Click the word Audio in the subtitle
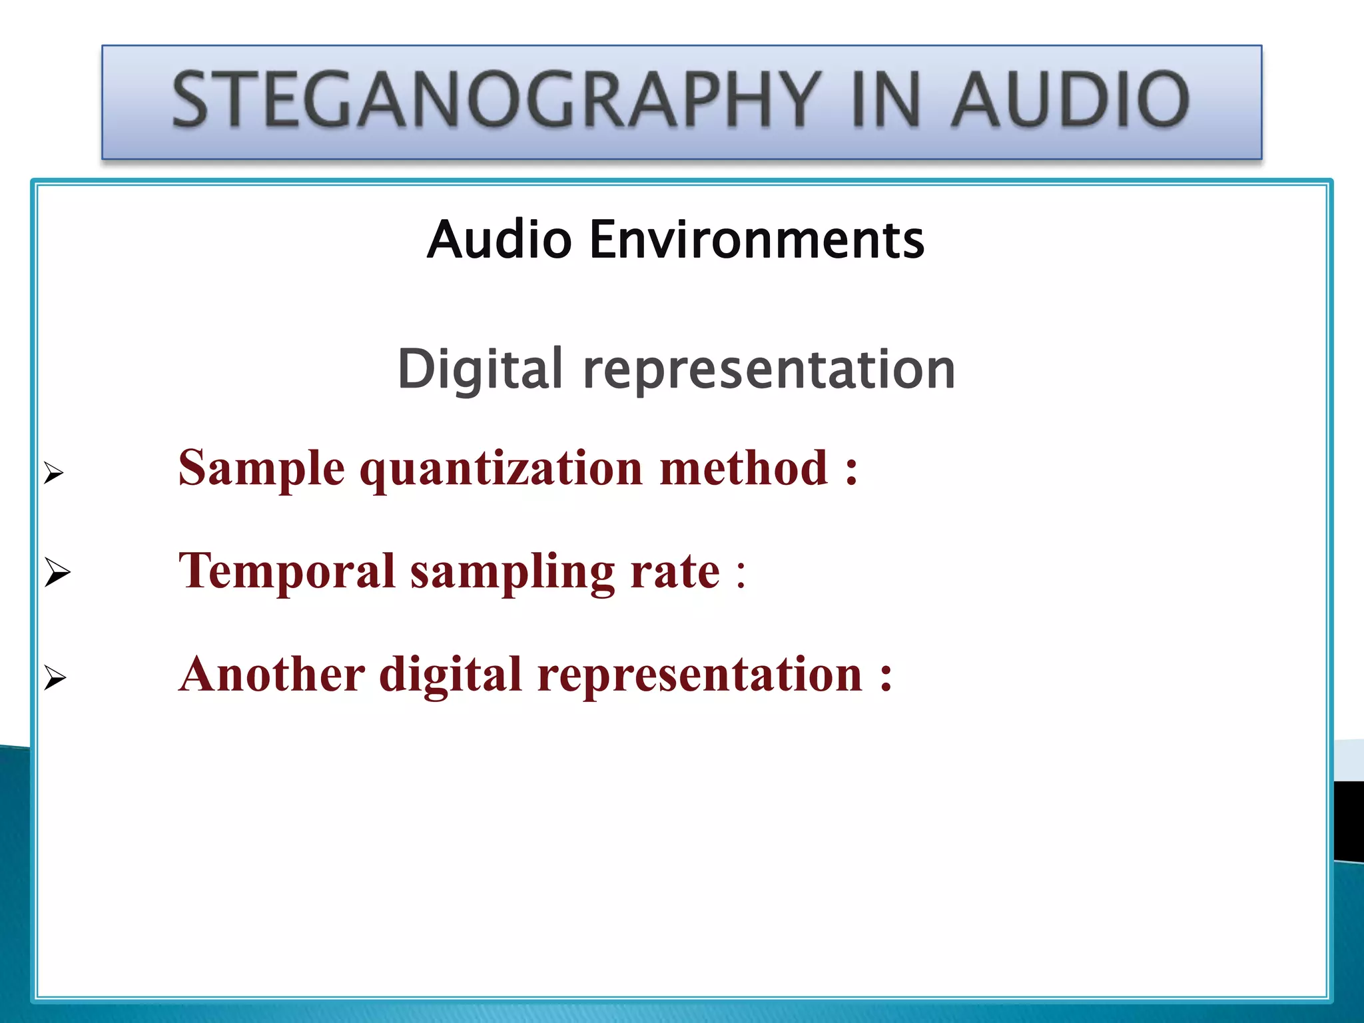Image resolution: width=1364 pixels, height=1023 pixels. click(x=500, y=239)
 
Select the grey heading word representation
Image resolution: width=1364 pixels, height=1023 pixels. click(x=769, y=370)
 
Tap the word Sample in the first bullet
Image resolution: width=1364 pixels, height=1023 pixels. click(x=262, y=468)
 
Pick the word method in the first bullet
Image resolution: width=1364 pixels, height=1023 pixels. click(x=744, y=468)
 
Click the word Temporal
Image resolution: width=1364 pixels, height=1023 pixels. click(x=287, y=571)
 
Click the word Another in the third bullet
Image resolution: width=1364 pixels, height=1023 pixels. click(x=272, y=674)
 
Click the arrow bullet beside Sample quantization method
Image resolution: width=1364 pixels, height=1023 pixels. click(x=54, y=474)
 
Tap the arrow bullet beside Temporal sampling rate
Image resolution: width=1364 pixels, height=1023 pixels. click(x=57, y=573)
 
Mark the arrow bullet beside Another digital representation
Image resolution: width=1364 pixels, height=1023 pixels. click(x=55, y=679)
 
